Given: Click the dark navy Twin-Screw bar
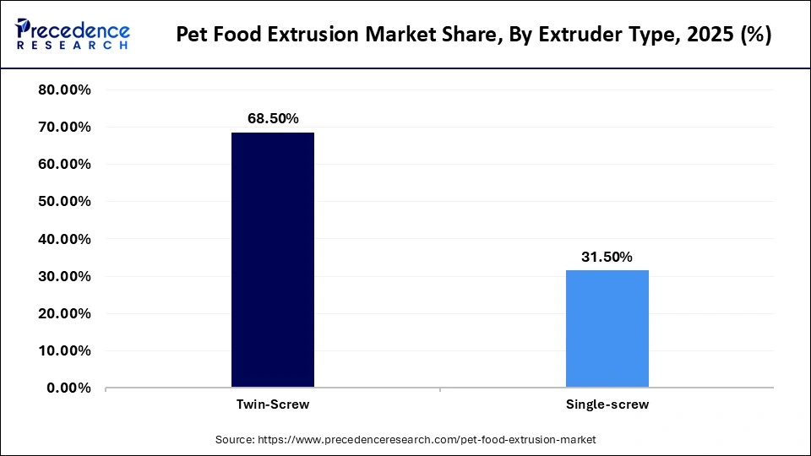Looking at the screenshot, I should (x=273, y=260).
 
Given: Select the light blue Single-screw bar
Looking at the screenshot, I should (x=607, y=328).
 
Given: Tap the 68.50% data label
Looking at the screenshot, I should (x=273, y=119).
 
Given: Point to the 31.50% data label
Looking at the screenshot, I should (x=607, y=257).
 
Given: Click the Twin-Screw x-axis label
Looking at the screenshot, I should (x=273, y=404).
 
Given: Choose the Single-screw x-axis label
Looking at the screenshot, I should (x=607, y=404).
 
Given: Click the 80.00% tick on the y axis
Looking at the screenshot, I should (x=65, y=90).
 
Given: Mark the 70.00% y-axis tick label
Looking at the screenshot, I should (x=65, y=128).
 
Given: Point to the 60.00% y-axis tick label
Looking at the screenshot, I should (x=65, y=165).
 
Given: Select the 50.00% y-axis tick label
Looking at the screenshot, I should (x=65, y=202).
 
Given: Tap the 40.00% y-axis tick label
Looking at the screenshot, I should (x=65, y=239).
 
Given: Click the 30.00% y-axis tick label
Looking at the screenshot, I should (x=65, y=276).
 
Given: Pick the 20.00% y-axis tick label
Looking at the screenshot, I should (x=65, y=313).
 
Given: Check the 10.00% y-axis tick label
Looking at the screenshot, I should (x=65, y=350).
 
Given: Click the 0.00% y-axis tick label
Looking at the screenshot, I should (x=68, y=388).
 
